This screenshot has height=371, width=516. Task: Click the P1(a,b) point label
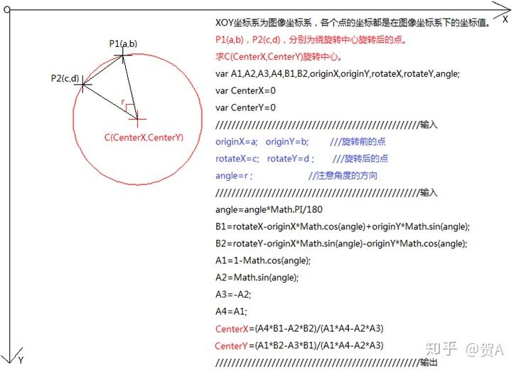pyautogui.click(x=123, y=44)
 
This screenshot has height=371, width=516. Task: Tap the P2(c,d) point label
pyautogui.click(x=65, y=78)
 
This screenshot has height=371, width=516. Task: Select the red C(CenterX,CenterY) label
pyautogui.click(x=143, y=137)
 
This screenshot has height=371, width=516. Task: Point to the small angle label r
pyautogui.click(x=123, y=103)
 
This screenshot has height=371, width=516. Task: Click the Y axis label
pyautogui.click(x=21, y=360)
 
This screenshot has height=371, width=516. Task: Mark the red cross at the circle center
pyautogui.click(x=137, y=118)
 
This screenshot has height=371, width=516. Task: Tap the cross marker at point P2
pyautogui.click(x=83, y=85)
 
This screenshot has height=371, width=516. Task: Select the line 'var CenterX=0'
pyautogui.click(x=245, y=90)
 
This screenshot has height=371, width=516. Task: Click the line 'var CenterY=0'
pyautogui.click(x=245, y=108)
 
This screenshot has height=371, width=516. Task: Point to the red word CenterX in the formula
pyautogui.click(x=231, y=329)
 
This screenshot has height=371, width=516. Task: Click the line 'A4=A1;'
pyautogui.click(x=231, y=312)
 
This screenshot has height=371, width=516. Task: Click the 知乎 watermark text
pyautogui.click(x=442, y=349)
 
